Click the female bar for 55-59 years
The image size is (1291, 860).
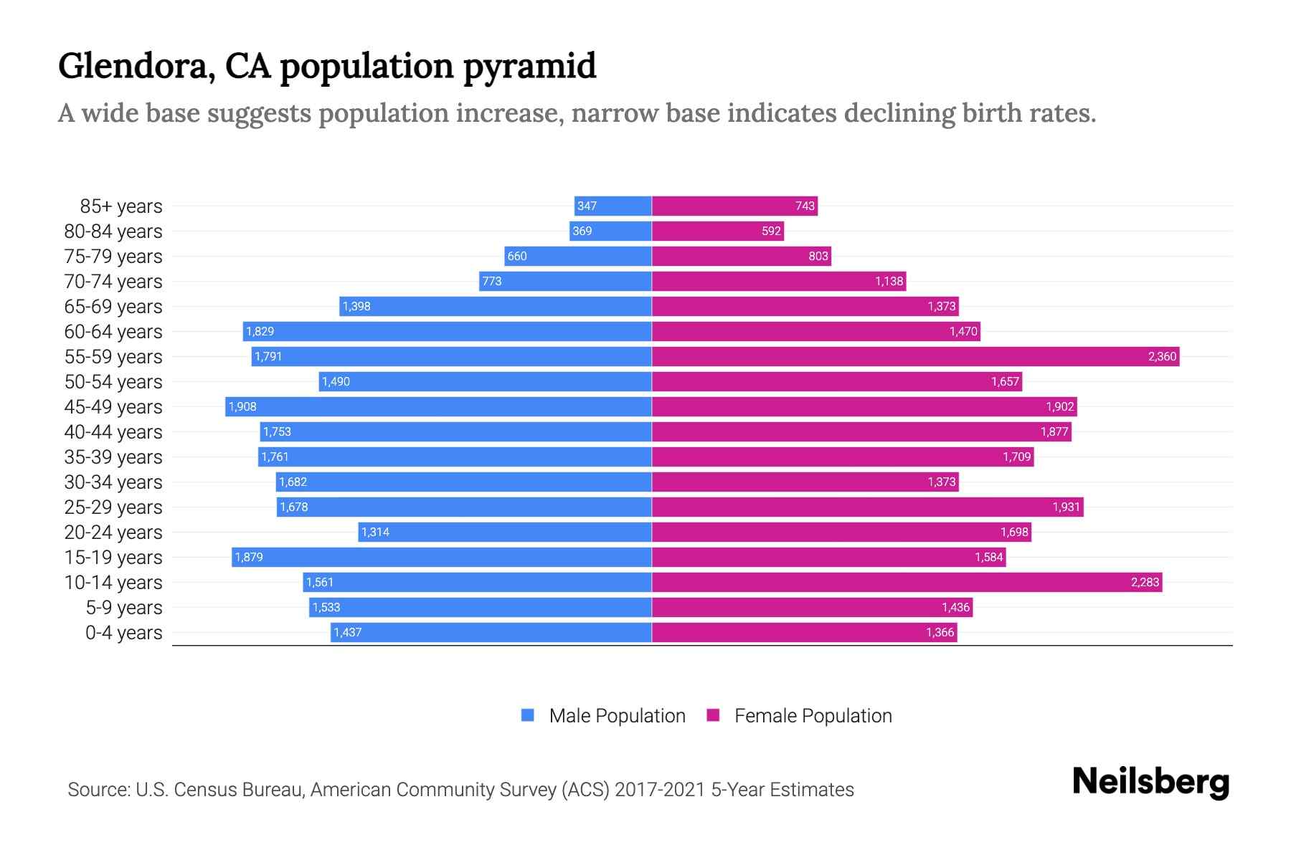(x=914, y=356)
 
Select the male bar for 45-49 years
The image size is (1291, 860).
(x=438, y=406)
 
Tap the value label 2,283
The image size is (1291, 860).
(x=1145, y=582)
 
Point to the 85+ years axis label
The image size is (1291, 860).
(x=120, y=206)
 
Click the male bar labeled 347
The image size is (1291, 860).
(x=613, y=206)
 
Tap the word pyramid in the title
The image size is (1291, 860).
(x=529, y=66)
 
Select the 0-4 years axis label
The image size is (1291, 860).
(x=123, y=633)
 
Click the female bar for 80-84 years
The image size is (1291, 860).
(x=717, y=231)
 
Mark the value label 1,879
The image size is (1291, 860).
(x=249, y=557)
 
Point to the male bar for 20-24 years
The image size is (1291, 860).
(x=505, y=532)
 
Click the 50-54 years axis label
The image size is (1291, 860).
(x=113, y=382)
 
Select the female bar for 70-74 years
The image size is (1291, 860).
(x=778, y=281)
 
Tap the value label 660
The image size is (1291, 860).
(x=516, y=256)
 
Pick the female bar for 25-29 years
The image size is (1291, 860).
(x=867, y=507)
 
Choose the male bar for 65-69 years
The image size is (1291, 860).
(x=495, y=306)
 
